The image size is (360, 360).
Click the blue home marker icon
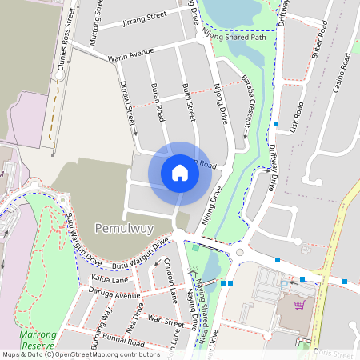pyautogui.click(x=180, y=172)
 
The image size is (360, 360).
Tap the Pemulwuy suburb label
pyautogui.click(x=124, y=227)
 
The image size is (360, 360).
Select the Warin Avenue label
pyautogui.click(x=131, y=54)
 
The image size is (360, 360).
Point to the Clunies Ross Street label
pyautogui.click(x=66, y=49)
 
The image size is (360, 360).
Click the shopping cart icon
pyautogui.click(x=299, y=304)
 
